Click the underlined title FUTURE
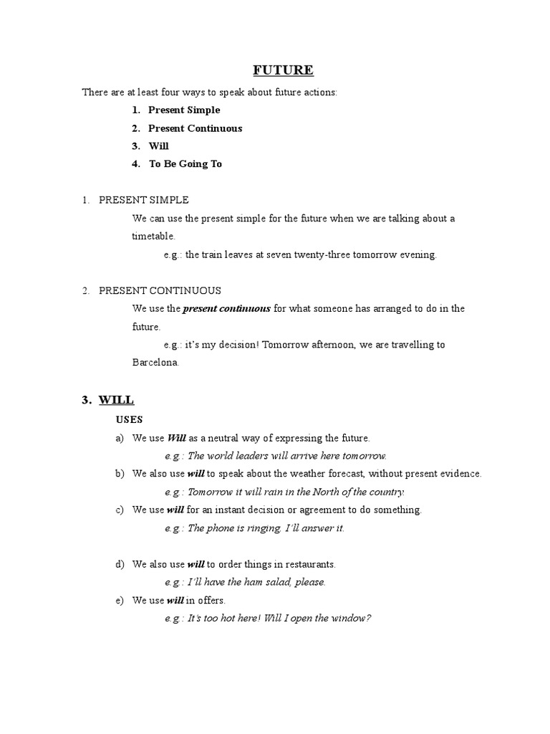[x=283, y=70]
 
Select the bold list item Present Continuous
[x=195, y=128]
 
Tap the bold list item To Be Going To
[x=185, y=163]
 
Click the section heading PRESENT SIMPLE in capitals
[x=143, y=200]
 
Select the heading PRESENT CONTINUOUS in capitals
[x=160, y=290]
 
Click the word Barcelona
[x=155, y=362]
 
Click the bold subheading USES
[x=130, y=419]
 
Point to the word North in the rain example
[x=312, y=492]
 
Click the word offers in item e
[x=210, y=600]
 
